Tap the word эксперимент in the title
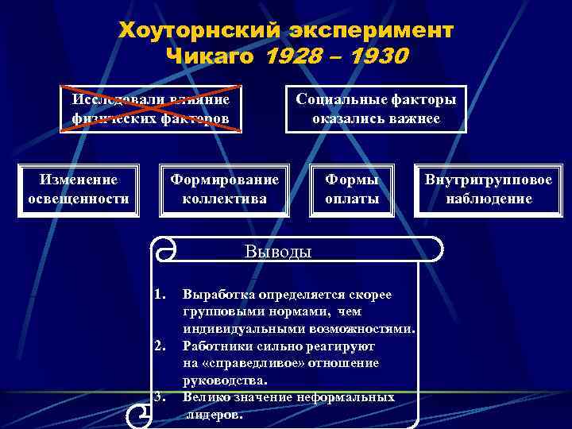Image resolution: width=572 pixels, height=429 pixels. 366,29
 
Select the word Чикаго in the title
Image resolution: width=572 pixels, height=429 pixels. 211,56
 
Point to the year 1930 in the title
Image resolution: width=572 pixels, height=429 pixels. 377,56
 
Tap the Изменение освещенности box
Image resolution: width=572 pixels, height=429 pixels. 79,189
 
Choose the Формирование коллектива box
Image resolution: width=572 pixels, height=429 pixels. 224,189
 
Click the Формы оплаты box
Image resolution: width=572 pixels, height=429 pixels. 352,189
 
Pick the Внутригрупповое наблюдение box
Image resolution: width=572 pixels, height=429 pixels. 489,189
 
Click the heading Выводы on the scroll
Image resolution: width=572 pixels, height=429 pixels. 278,252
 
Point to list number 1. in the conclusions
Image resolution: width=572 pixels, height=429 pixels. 160,295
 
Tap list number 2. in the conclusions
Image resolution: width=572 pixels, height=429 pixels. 160,346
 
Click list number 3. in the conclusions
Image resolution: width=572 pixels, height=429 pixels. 160,396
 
